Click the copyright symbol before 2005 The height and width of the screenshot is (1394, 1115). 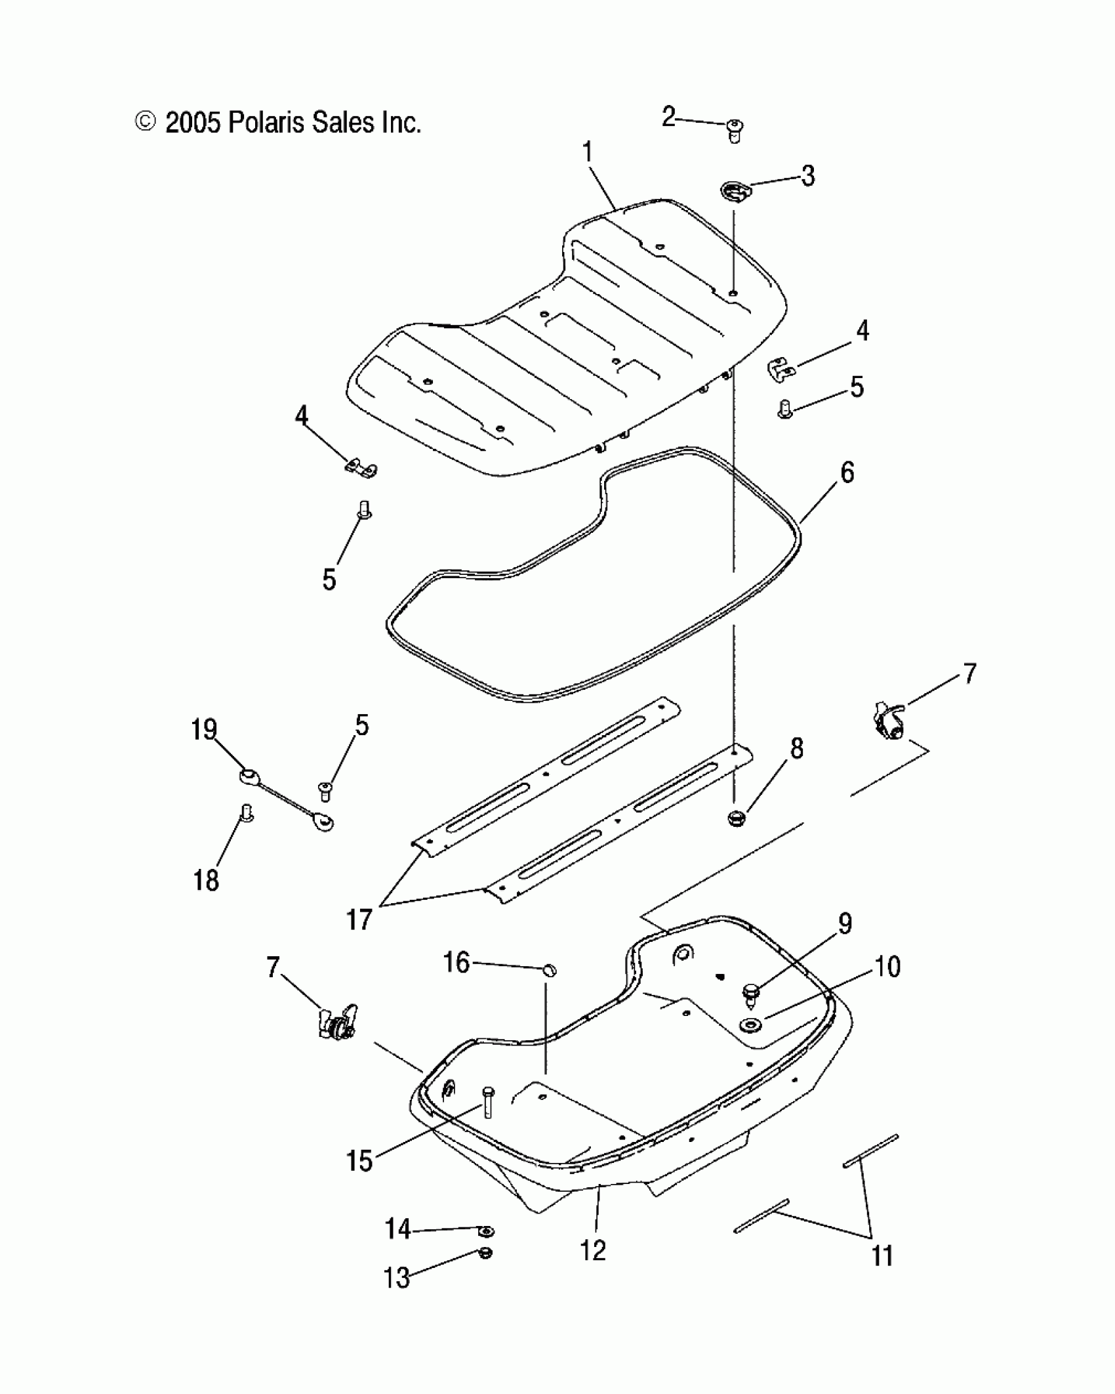click(x=145, y=122)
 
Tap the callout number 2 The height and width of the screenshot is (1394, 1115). click(x=668, y=117)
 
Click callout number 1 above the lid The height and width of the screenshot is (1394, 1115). click(x=588, y=153)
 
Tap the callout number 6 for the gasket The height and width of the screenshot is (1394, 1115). click(x=847, y=473)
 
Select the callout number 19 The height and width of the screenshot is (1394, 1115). click(x=204, y=729)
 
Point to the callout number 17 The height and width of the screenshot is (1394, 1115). click(x=359, y=919)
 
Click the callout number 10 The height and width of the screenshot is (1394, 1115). click(x=887, y=967)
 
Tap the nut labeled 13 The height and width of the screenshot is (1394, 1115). click(x=486, y=1253)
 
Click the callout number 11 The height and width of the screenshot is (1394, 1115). click(x=882, y=1256)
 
